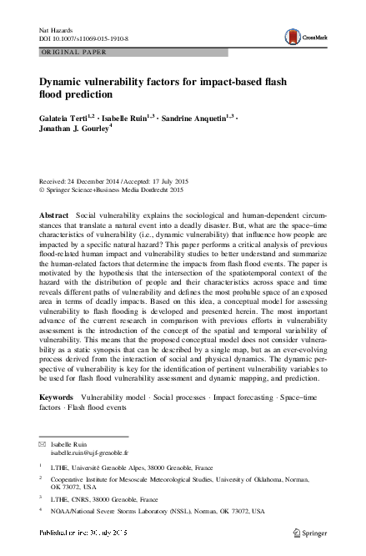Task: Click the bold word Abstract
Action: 54,215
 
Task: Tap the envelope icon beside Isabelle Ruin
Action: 43,447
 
